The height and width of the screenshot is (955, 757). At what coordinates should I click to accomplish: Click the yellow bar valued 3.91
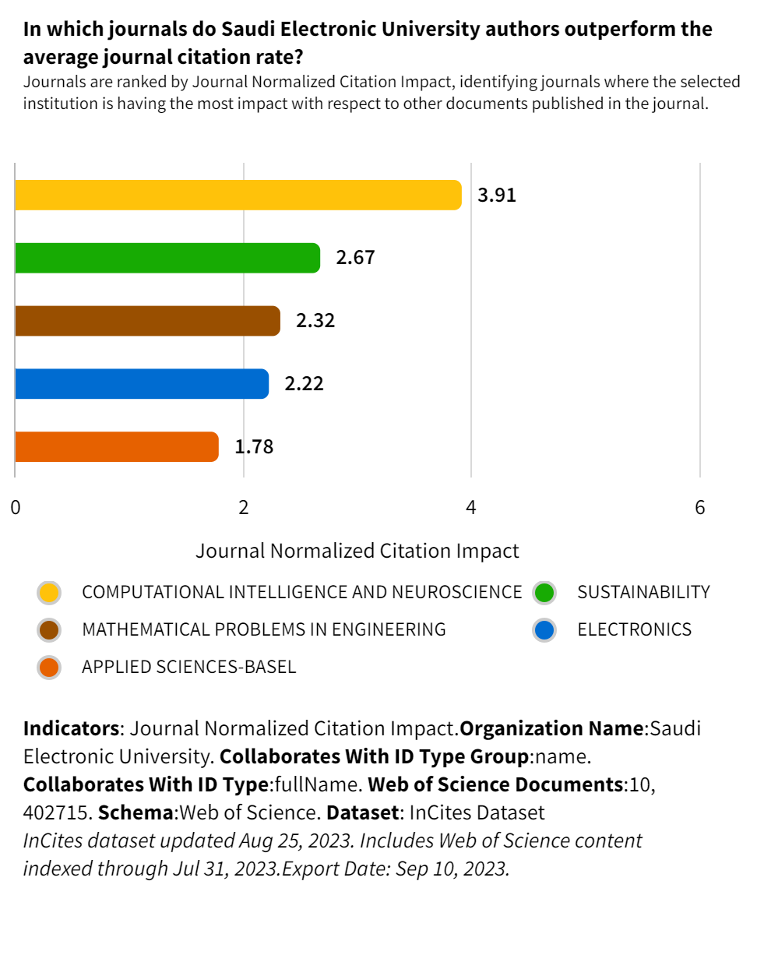coord(238,195)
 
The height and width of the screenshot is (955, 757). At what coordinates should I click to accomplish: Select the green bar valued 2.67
coord(167,258)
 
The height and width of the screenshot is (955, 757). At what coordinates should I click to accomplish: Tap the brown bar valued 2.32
coord(147,321)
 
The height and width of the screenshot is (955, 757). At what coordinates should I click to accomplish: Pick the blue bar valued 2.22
coord(142,384)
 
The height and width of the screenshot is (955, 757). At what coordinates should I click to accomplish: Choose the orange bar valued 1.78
coord(117,447)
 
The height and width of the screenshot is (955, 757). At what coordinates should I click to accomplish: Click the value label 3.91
coord(497,196)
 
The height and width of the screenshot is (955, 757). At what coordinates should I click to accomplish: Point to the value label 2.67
coord(355,258)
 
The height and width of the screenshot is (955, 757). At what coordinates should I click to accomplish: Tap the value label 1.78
coord(255,447)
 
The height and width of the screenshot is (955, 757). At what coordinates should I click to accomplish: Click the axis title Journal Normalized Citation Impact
coord(357,552)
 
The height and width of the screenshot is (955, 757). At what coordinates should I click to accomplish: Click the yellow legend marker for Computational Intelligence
coord(49,593)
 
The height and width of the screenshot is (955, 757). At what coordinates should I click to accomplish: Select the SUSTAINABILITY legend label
coord(643,593)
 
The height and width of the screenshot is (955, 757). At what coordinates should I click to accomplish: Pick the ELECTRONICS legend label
coord(634,629)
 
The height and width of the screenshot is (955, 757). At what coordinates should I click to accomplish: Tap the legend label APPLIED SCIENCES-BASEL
coord(188,668)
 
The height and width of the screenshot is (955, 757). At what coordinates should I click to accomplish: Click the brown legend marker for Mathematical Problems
coord(49,630)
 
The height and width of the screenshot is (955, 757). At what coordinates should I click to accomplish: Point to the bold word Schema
coord(136,812)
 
